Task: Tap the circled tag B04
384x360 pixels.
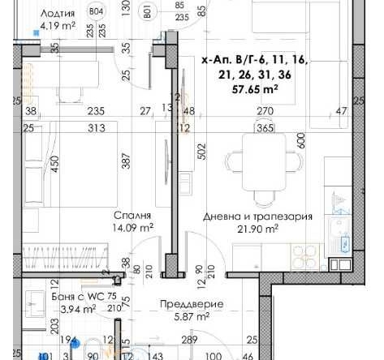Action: [97, 11]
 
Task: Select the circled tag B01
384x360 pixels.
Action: [148, 11]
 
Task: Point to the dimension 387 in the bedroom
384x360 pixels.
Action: [127, 163]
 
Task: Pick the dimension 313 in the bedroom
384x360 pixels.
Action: [99, 128]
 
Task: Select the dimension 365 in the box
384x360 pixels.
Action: [265, 127]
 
